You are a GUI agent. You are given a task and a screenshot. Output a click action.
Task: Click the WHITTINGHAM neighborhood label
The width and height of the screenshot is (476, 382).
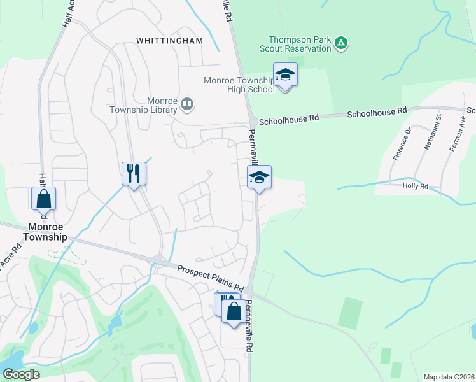pos(169,41)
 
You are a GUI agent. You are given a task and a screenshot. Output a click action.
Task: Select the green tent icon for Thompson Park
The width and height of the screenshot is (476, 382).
pos(342,43)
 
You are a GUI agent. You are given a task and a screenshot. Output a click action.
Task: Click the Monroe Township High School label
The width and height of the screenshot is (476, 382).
pos(239,85)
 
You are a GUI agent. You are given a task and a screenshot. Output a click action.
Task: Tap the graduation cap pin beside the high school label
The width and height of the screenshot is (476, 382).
pos(286,76)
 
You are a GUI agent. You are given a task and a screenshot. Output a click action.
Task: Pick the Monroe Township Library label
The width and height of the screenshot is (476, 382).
pos(161,105)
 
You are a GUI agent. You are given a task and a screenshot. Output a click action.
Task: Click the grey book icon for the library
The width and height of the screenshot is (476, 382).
pos(187,104)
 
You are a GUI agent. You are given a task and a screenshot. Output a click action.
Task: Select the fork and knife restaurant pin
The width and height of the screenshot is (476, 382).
pos(134,173)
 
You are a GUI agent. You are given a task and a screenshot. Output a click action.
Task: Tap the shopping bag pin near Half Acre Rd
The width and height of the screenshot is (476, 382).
pos(43,199)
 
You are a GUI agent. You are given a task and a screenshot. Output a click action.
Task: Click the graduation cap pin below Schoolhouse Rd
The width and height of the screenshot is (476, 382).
pos(259,177)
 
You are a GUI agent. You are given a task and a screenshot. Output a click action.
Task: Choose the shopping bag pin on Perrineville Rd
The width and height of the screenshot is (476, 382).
pos(234,311)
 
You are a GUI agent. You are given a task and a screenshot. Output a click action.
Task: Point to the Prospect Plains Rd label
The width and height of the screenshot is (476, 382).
pos(211,279)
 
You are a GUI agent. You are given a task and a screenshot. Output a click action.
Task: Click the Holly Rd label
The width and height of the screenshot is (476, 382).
pos(416,186)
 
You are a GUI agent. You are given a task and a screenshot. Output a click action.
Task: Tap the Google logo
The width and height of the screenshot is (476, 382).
pos(21,374)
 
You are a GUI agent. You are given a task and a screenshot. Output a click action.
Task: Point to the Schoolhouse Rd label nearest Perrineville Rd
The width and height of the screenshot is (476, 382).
pos(289,118)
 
